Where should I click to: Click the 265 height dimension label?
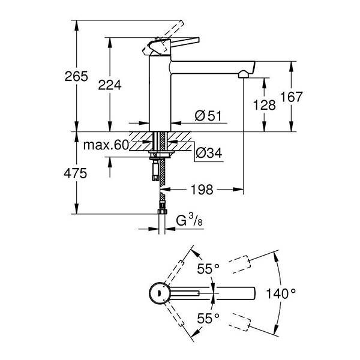pyautogui.click(x=77, y=77)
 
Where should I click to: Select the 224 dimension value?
pyautogui.click(x=113, y=86)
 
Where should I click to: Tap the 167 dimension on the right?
pyautogui.click(x=292, y=97)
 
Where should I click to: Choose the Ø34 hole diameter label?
pyautogui.click(x=209, y=154)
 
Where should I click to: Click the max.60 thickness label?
pyautogui.click(x=106, y=145)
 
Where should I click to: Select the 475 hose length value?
pyautogui.click(x=77, y=174)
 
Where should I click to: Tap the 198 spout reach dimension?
pyautogui.click(x=202, y=190)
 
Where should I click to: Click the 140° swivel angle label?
pyautogui.click(x=282, y=294)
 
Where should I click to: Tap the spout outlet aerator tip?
pyautogui.click(x=244, y=74)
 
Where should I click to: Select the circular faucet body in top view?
pyautogui.click(x=158, y=293)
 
